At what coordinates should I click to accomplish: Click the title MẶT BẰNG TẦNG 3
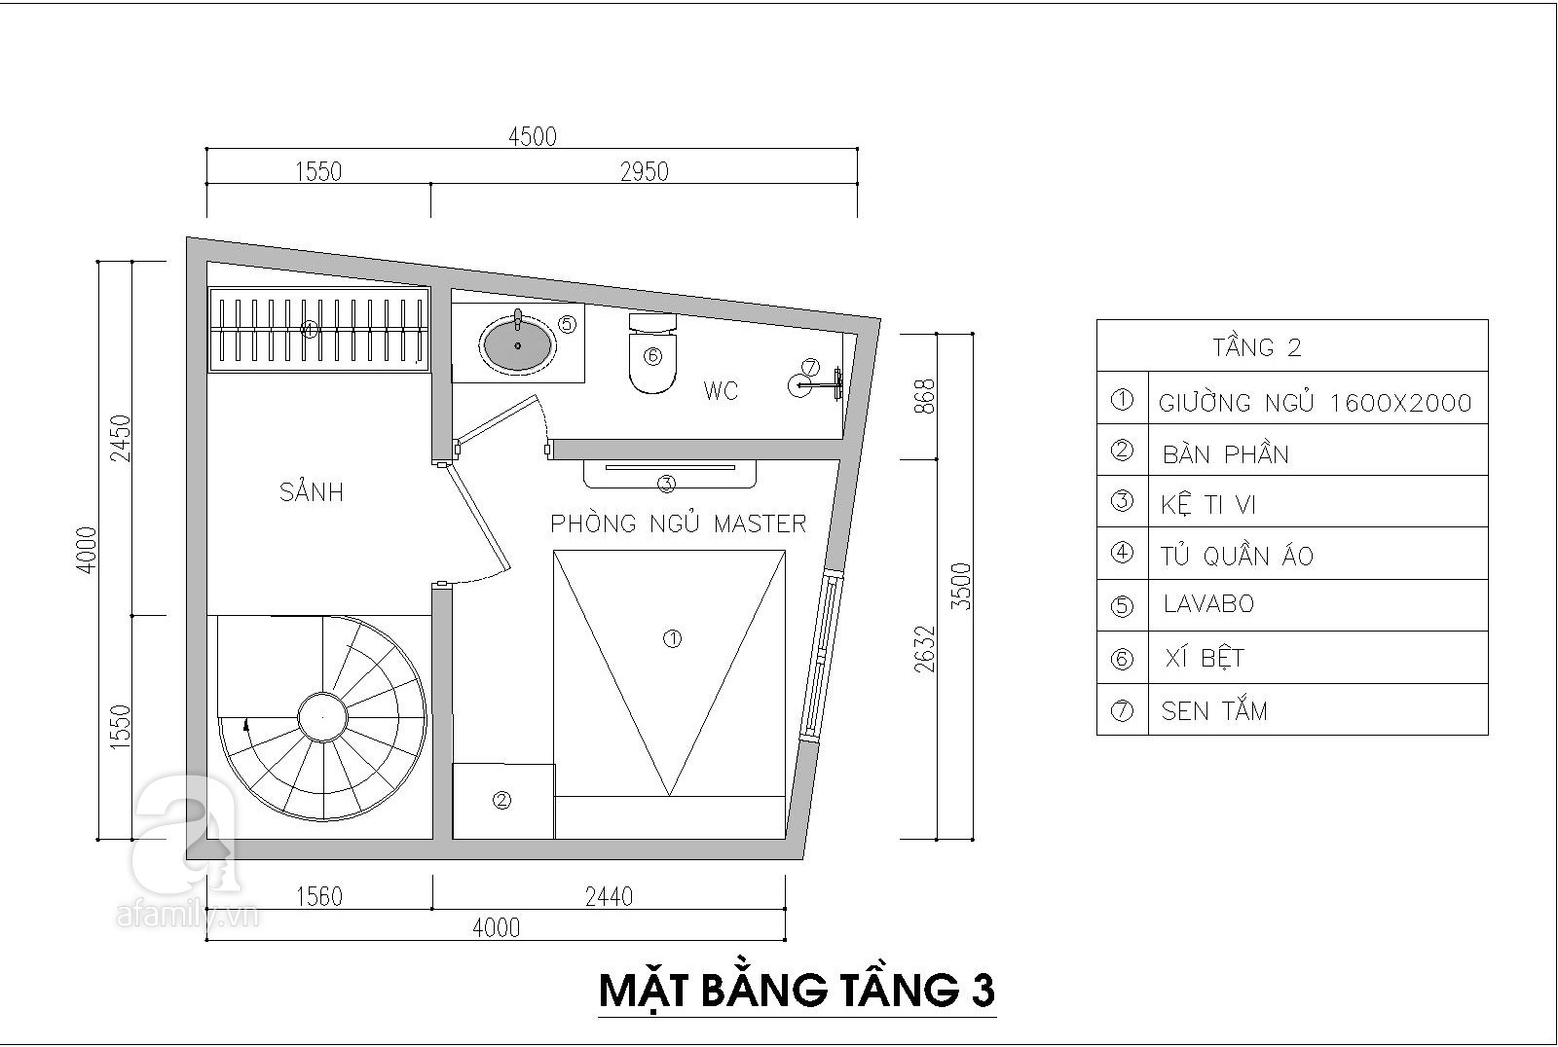(797, 990)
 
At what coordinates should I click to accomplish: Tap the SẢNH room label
(312, 492)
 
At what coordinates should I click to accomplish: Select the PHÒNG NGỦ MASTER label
(679, 523)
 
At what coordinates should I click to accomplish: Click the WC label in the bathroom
(721, 391)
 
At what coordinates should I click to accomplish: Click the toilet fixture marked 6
(651, 356)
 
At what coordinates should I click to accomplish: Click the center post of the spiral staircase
(321, 718)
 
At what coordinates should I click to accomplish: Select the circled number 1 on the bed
(671, 639)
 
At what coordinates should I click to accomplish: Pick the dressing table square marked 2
(502, 801)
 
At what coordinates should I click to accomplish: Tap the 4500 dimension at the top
(533, 137)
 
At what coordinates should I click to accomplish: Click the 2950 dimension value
(645, 172)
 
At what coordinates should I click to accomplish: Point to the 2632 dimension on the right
(924, 648)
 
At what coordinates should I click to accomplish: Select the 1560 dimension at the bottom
(318, 895)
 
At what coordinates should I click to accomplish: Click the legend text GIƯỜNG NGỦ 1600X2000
(1315, 403)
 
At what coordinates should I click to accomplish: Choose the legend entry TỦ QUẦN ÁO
(1237, 557)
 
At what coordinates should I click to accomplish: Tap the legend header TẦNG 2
(1256, 347)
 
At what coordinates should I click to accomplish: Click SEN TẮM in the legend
(1214, 711)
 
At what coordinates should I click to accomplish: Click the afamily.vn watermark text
(185, 916)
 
